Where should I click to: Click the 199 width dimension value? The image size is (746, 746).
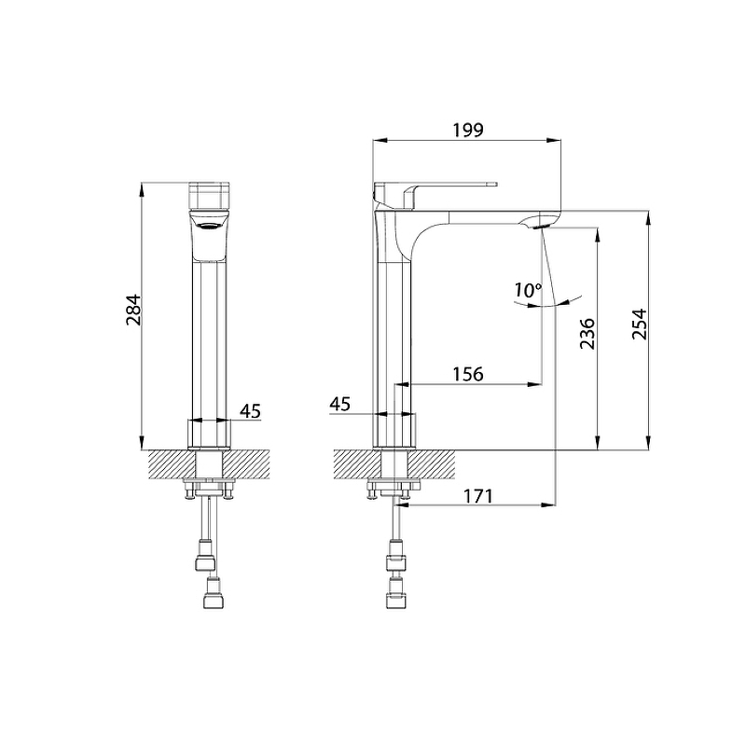click(468, 130)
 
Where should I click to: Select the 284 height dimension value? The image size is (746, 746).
click(133, 310)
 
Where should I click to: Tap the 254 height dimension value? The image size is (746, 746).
click(640, 324)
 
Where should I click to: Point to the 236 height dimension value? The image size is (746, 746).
click(587, 334)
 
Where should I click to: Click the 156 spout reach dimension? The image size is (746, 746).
click(468, 374)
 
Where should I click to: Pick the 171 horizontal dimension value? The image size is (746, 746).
click(477, 496)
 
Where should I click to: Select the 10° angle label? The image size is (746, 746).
click(528, 290)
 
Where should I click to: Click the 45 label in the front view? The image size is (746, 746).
click(250, 411)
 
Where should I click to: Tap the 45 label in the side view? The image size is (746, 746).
click(340, 404)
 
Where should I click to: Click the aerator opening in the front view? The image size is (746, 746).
click(209, 227)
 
